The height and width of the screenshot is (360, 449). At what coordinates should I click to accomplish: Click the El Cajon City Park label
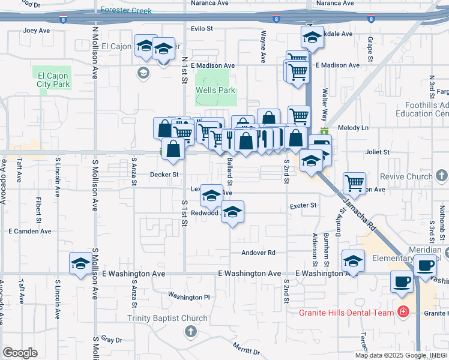53,80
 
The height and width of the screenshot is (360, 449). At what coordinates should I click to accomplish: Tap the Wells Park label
215,91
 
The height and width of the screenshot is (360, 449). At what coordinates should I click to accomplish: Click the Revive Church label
410,177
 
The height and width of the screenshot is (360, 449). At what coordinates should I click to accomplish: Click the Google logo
20,352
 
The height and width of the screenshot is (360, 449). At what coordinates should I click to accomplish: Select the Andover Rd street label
258,253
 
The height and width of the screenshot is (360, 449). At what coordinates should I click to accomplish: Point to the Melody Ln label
353,128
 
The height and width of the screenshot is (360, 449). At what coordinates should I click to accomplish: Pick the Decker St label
164,175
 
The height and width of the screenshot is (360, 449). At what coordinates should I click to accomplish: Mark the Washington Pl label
189,296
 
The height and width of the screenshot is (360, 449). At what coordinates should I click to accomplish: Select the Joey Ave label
36,30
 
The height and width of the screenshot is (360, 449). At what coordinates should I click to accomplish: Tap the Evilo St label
202,28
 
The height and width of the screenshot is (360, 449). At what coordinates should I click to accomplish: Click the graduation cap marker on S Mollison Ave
80,263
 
